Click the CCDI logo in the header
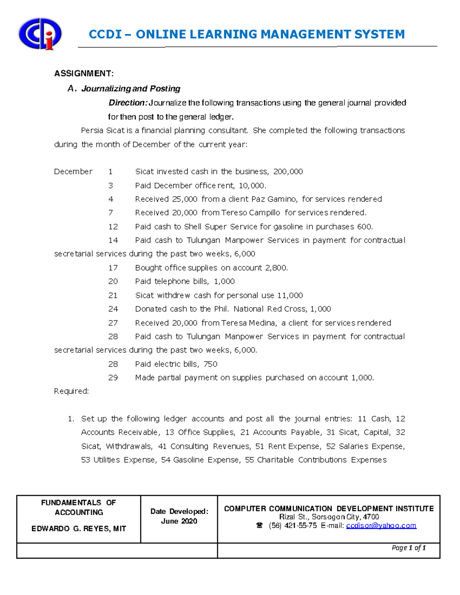tap(40, 34)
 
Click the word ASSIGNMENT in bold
tap(84, 74)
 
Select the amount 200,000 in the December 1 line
tap(288, 172)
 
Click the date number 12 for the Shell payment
tap(113, 227)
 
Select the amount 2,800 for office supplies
tap(276, 268)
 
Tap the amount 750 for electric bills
tap(210, 364)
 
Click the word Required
tap(71, 391)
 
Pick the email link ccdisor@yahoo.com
tap(381, 526)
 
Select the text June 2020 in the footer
tap(179, 521)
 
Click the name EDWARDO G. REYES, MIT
tap(79, 529)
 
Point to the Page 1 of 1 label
tap(409, 548)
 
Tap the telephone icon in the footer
tap(260, 526)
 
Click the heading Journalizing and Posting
tap(131, 89)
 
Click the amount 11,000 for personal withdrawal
tap(290, 295)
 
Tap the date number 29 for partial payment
tap(113, 378)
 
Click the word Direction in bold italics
tap(128, 103)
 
